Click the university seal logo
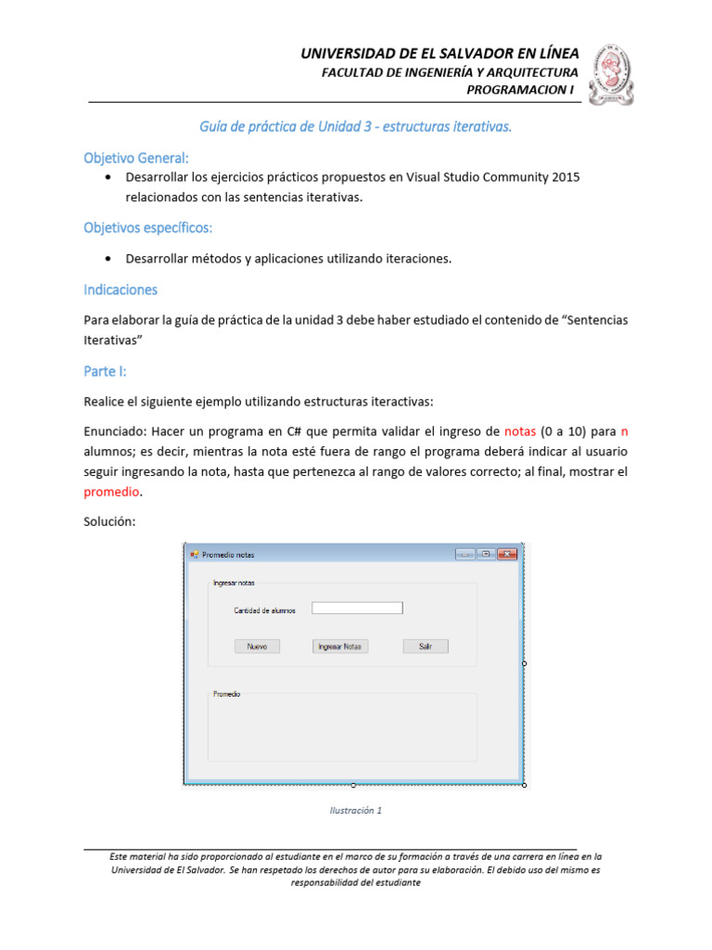click(614, 74)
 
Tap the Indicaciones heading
click(121, 289)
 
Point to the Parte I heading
click(105, 371)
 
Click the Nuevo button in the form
click(257, 647)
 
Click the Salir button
click(426, 647)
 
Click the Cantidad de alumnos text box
click(357, 609)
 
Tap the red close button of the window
click(506, 555)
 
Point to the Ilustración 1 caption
click(355, 810)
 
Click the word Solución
click(109, 521)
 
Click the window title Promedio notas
click(228, 555)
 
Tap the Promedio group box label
click(227, 694)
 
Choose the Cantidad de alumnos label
click(265, 610)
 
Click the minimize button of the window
click(464, 555)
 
